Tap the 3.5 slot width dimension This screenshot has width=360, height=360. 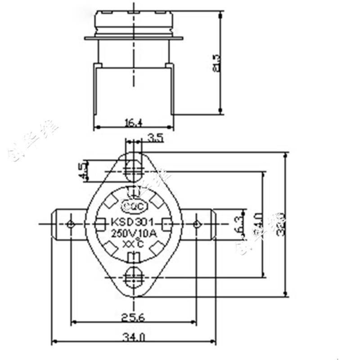(155, 138)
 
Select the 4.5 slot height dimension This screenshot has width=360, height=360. (82, 171)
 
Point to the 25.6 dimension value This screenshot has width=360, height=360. (133, 317)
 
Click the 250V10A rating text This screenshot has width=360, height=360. (133, 234)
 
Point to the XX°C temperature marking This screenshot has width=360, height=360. (133, 244)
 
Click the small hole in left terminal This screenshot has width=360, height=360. (70, 224)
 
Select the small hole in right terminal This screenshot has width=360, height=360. (197, 224)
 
